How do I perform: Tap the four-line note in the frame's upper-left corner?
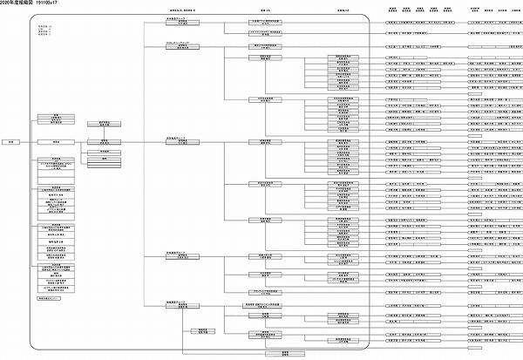point(44,30)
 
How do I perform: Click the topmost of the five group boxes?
point(177,20)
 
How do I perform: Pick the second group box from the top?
point(177,46)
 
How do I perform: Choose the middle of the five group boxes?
point(177,141)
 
